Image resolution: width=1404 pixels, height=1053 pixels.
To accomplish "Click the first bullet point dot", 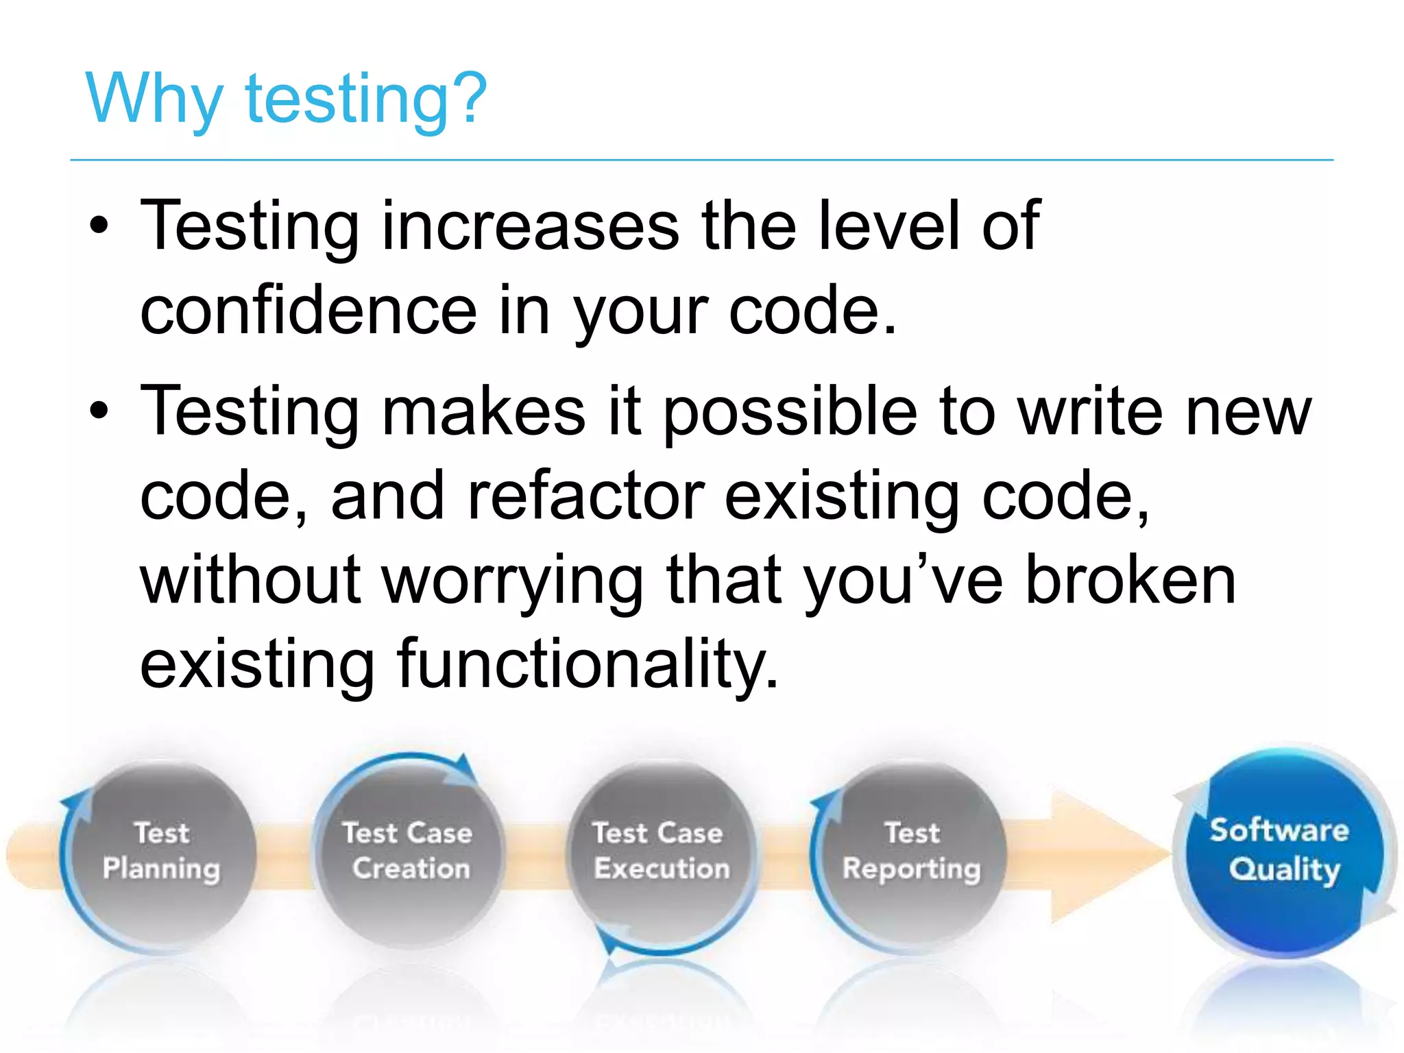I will (x=99, y=226).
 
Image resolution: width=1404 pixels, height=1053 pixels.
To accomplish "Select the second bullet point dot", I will (x=99, y=411).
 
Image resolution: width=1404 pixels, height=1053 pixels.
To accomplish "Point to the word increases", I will (x=530, y=226).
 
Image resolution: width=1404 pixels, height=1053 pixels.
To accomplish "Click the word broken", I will (x=1130, y=581).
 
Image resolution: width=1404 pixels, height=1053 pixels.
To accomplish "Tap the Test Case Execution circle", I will (x=660, y=854).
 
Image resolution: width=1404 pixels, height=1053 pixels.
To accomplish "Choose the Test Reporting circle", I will (x=911, y=854).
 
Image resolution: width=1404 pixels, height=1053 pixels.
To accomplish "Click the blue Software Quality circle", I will (x=1281, y=850).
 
